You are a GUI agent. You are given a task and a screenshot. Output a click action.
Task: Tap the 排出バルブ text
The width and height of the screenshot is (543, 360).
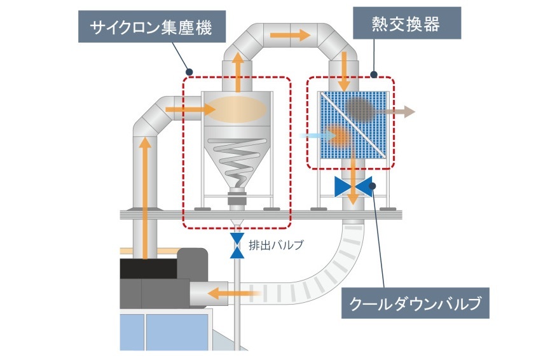pyautogui.click(x=271, y=244)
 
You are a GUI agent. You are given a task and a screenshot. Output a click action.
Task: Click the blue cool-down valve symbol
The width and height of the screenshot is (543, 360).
pyautogui.click(x=354, y=186)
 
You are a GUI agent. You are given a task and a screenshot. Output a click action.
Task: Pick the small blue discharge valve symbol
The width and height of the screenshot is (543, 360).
pyautogui.click(x=237, y=246)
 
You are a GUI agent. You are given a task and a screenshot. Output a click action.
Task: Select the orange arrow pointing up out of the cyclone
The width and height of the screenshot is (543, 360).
pyautogui.click(x=238, y=72)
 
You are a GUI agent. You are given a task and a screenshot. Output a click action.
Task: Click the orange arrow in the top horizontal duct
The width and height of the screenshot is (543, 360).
pyautogui.click(x=289, y=34)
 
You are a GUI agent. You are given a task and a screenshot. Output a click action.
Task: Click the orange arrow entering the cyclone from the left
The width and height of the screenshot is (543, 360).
pyautogui.click(x=189, y=111)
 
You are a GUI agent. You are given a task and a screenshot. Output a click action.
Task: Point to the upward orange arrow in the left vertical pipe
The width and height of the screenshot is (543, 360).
pyautogui.click(x=146, y=191)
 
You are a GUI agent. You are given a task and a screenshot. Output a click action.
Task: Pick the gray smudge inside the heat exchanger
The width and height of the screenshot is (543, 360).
pyautogui.click(x=361, y=109)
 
